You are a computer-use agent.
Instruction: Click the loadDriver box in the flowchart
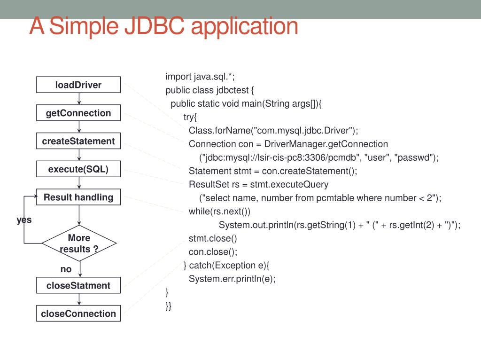tap(78, 85)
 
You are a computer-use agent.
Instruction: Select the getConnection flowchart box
tap(78, 113)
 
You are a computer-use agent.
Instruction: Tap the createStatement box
tap(78, 141)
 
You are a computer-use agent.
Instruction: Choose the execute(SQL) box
tap(78, 169)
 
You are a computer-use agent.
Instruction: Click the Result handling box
tap(78, 197)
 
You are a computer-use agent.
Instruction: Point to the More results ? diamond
tap(79, 243)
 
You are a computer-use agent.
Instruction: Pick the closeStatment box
tap(78, 285)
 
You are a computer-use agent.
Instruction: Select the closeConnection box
tap(78, 314)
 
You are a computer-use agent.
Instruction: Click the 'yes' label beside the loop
tap(24, 220)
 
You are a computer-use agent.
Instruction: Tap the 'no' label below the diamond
tap(66, 269)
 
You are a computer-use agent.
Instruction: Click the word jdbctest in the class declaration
tap(233, 90)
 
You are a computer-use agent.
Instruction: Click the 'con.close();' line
tap(213, 251)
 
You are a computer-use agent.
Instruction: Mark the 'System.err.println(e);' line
tap(232, 279)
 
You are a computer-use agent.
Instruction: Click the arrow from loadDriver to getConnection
tap(79, 99)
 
